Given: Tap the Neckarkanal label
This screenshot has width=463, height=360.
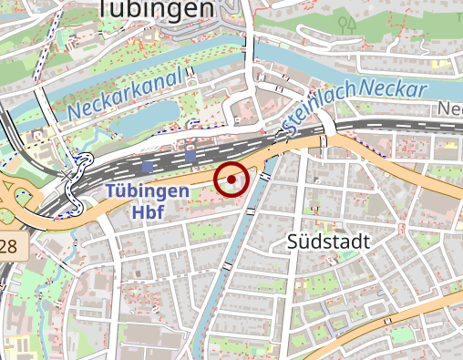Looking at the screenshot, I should [x=126, y=94].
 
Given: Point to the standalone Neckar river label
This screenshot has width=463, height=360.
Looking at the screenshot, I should [x=393, y=89].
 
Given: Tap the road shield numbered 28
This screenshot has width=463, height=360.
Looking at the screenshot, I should [x=8, y=246].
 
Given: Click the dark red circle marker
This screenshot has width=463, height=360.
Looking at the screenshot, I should [x=231, y=180].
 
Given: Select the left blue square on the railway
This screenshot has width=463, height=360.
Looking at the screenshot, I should [x=148, y=168].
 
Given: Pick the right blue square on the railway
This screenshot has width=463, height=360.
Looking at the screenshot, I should [x=190, y=158].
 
